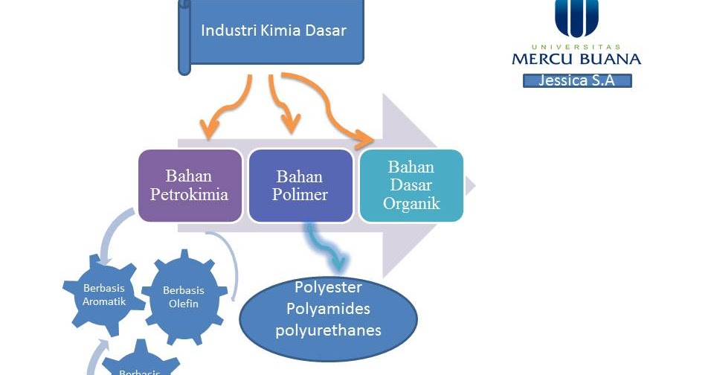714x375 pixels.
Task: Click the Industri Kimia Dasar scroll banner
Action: [272, 32]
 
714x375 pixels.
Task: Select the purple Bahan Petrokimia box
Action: [190, 185]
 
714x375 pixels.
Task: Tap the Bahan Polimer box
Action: [300, 185]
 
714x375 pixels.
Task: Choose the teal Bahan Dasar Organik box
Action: [411, 185]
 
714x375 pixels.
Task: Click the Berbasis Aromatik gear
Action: [104, 295]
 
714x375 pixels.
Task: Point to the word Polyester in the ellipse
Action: [328, 288]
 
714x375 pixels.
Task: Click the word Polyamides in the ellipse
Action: [328, 309]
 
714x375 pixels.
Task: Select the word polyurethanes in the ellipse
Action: [328, 330]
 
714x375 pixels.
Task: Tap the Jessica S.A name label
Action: [576, 81]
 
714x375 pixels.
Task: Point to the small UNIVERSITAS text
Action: [576, 46]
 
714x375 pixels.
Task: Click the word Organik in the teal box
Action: [411, 202]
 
